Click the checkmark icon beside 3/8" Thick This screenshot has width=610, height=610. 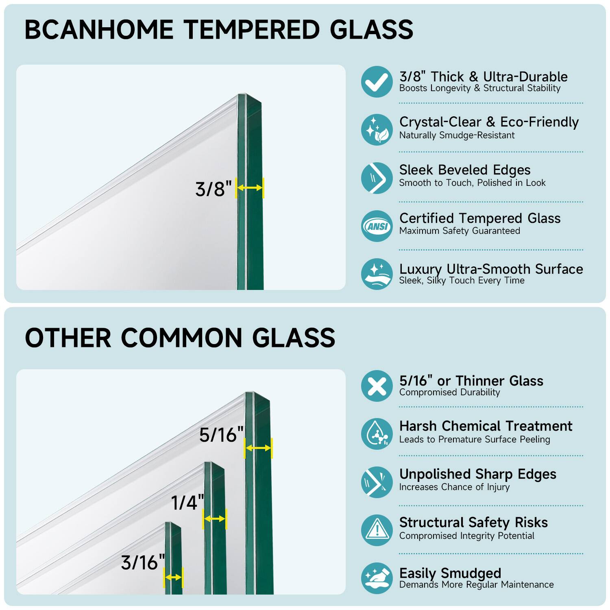pyautogui.click(x=377, y=82)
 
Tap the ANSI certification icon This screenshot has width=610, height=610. pyautogui.click(x=377, y=226)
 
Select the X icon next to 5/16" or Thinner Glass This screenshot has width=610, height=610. pyautogui.click(x=377, y=386)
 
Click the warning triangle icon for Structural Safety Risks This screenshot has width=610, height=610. pyautogui.click(x=377, y=530)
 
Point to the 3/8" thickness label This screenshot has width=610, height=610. pyautogui.click(x=213, y=189)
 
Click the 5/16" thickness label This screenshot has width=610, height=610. pyautogui.click(x=221, y=435)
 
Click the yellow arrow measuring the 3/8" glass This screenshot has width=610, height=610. pyautogui.click(x=250, y=187)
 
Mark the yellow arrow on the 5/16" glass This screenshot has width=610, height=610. pyautogui.click(x=258, y=448)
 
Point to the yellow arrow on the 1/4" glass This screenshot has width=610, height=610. pyautogui.click(x=214, y=519)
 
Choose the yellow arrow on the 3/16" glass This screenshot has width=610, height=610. pyautogui.click(x=173, y=577)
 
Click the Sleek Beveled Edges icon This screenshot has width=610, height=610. pyautogui.click(x=377, y=178)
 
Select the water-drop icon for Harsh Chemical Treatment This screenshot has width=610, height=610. pyautogui.click(x=377, y=434)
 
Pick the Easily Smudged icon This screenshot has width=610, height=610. pyautogui.click(x=377, y=578)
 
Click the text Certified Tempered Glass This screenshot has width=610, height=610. pyautogui.click(x=480, y=218)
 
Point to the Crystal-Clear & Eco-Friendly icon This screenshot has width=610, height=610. pyautogui.click(x=377, y=130)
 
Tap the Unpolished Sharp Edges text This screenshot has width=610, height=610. pyautogui.click(x=478, y=474)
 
